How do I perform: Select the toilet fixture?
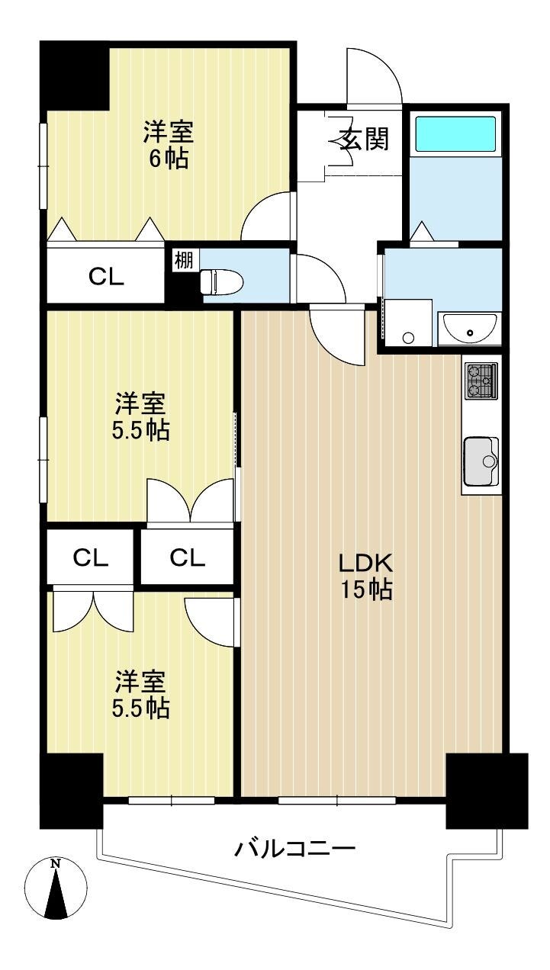pyautogui.click(x=222, y=282)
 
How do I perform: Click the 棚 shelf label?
pyautogui.click(x=184, y=260)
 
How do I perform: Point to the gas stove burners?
pyautogui.click(x=481, y=381)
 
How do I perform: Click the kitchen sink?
pyautogui.click(x=481, y=461)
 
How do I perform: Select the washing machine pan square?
pyautogui.click(x=408, y=323)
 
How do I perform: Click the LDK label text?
pyautogui.click(x=366, y=563)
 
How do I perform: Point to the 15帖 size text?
pyautogui.click(x=367, y=589)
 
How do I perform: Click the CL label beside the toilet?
pyautogui.click(x=106, y=277)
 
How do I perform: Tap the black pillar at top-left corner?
pyautogui.click(x=74, y=75)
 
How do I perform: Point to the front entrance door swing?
pyautogui.click(x=375, y=75)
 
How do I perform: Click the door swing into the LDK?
pyautogui.click(x=337, y=335)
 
